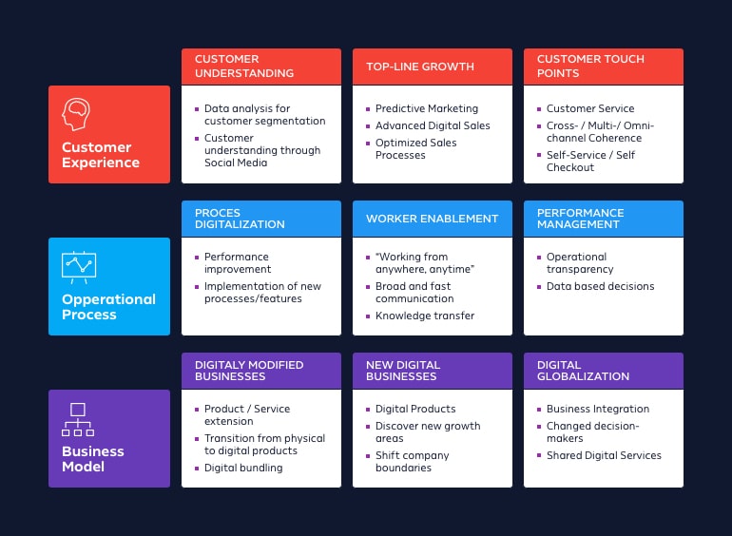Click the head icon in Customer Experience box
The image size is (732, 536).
coord(77,115)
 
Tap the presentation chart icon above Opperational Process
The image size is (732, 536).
coord(78,266)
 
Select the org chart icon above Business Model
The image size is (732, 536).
coord(78,418)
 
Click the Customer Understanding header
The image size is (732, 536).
coord(244,66)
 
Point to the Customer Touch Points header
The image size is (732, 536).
coord(590,66)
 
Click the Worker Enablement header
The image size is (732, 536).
coord(432,219)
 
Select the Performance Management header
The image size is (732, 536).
coord(580,219)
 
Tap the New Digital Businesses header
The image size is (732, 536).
coord(403,371)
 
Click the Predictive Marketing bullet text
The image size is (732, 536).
coord(427,109)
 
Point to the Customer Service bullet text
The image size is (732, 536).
coord(590,109)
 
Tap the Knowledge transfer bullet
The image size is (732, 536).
coord(425,316)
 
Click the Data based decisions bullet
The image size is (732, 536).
coord(600,287)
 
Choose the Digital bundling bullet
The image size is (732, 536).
coord(243,469)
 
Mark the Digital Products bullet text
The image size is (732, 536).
coord(415,410)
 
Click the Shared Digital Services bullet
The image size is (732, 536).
coord(604,456)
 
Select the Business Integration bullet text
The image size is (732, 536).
coord(598,410)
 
